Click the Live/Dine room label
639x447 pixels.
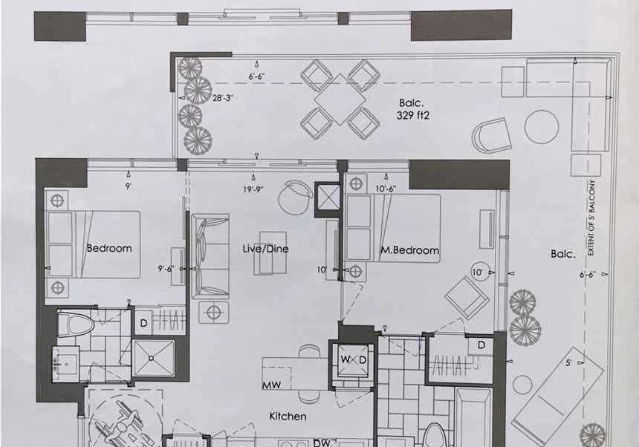coord(265,249)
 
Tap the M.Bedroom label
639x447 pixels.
coord(410,250)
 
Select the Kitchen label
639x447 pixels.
coord(288,416)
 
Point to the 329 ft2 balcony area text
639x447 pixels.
coord(413,115)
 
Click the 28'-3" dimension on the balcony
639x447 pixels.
coord(222,98)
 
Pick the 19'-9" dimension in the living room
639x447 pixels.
coord(254,189)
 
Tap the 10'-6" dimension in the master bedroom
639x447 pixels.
coord(386,189)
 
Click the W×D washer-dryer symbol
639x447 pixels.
coord(354,360)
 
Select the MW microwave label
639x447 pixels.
coord(271,385)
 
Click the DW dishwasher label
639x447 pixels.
coord(322,443)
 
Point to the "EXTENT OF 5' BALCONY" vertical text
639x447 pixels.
coord(591,218)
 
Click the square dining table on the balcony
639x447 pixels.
coord(340,99)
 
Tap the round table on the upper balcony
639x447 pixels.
coord(541,127)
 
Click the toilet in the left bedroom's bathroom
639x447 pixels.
coord(77,324)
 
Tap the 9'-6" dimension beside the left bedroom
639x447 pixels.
coord(166,269)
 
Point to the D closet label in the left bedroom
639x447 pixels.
coord(143,323)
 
